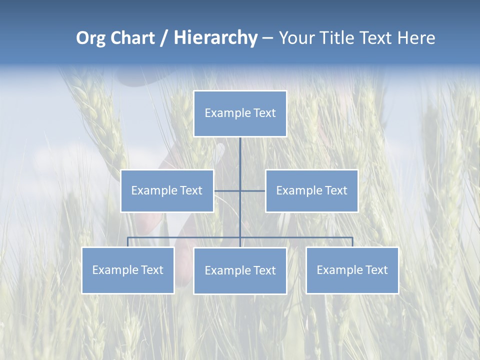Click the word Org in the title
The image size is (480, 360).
(x=90, y=38)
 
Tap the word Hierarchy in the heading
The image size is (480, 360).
(x=215, y=38)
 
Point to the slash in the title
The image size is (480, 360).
(x=164, y=38)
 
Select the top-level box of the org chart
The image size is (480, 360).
(x=240, y=113)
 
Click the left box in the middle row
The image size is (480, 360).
(x=167, y=190)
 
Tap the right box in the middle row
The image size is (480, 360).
(x=311, y=190)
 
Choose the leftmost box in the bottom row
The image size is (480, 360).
(x=127, y=270)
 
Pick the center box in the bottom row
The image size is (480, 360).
(x=240, y=270)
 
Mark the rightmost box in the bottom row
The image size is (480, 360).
(x=352, y=270)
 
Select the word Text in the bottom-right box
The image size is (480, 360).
(x=376, y=270)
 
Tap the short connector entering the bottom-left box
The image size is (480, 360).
(x=127, y=242)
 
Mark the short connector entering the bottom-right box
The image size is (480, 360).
(x=352, y=242)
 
